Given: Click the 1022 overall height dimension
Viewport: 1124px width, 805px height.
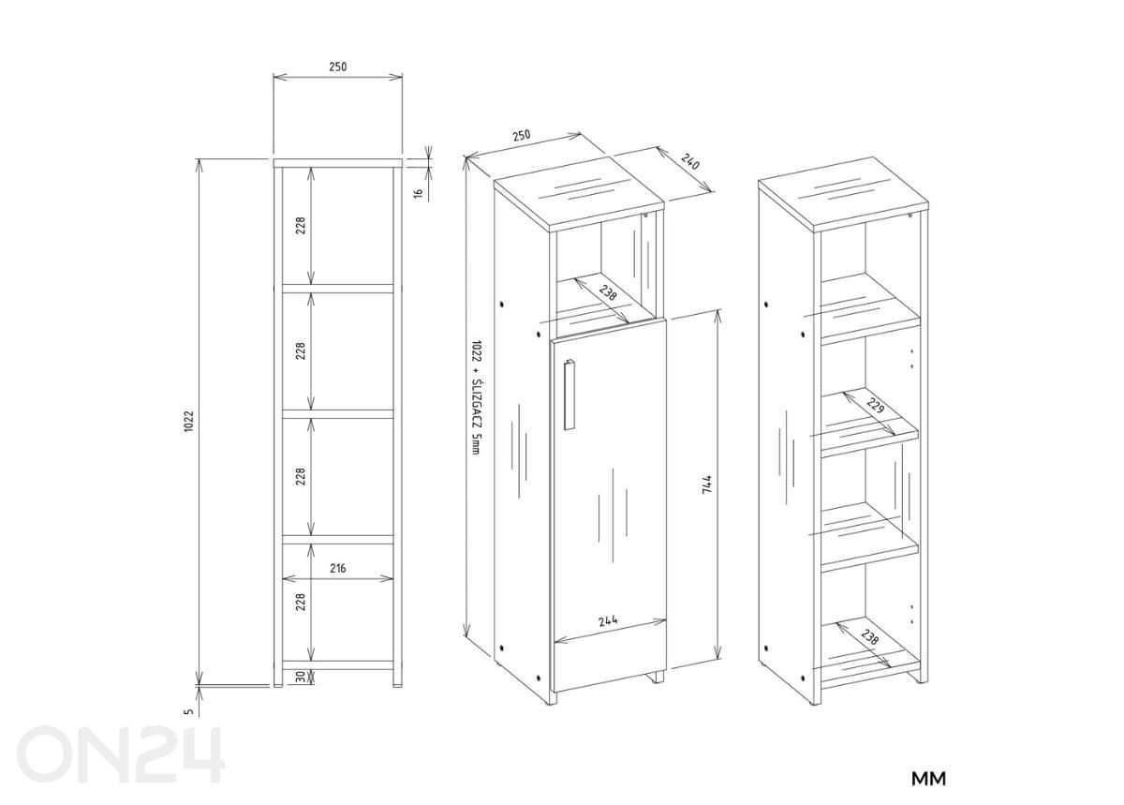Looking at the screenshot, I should [x=188, y=422].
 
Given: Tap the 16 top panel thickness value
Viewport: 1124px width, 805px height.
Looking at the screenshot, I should [x=419, y=192].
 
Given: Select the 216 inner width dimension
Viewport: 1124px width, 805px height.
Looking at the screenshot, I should [x=337, y=568].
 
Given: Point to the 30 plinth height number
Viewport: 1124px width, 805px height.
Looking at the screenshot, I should [x=301, y=677].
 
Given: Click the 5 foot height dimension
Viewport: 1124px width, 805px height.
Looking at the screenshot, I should [x=188, y=711].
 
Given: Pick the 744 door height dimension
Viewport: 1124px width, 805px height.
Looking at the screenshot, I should [x=707, y=484].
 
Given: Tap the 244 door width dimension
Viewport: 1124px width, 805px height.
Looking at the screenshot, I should [x=608, y=620].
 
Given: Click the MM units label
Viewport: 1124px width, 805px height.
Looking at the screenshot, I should [x=929, y=779].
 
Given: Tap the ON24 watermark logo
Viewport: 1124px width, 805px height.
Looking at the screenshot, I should [x=122, y=754].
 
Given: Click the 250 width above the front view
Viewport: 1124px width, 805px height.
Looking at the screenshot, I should [x=337, y=67].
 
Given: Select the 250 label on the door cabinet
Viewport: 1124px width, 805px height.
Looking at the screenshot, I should [x=521, y=135].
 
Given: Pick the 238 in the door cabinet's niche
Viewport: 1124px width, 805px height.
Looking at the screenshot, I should [x=608, y=292].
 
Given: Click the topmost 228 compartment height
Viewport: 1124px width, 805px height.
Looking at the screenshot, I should [x=301, y=226].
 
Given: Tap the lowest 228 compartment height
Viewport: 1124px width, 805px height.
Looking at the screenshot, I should [x=301, y=602].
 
